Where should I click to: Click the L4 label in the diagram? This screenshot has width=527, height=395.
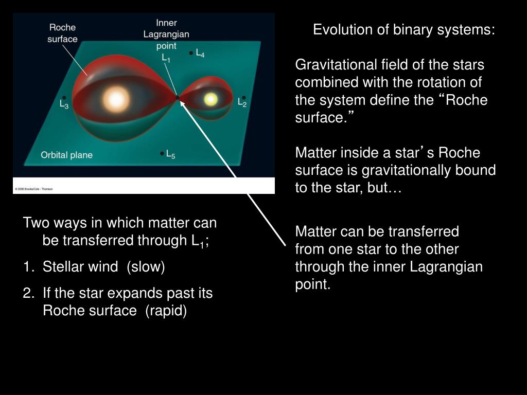200,53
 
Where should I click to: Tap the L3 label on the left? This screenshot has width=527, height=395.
64,104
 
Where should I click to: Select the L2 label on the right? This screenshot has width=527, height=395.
242,103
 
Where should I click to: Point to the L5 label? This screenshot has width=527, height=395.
171,154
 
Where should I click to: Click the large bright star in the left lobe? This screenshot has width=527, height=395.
115,98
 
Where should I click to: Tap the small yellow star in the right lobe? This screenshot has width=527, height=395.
210,99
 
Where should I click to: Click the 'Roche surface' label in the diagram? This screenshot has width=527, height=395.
63,33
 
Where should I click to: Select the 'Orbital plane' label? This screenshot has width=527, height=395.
66,155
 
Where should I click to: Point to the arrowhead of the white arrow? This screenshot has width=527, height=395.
182,103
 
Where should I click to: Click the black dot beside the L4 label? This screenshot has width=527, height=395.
191,52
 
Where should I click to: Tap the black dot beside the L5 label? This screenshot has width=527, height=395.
162,153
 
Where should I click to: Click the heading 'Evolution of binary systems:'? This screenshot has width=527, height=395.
404,30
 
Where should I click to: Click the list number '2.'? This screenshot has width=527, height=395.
28,294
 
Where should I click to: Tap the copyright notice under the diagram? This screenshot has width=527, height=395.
34,189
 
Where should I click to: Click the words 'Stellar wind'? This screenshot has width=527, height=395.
80,267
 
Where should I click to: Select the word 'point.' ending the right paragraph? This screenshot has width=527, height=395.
312,285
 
